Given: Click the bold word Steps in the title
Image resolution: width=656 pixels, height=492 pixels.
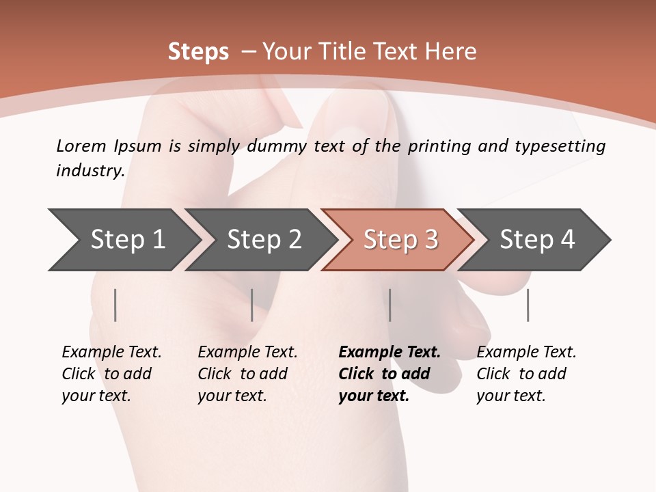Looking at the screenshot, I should pyautogui.click(x=198, y=52).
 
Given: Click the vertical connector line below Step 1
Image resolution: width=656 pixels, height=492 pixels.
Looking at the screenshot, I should pyautogui.click(x=115, y=305).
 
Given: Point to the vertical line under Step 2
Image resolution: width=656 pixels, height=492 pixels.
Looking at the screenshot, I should pyautogui.click(x=252, y=305).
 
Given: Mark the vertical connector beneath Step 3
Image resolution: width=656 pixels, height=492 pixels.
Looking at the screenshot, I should pyautogui.click(x=389, y=305).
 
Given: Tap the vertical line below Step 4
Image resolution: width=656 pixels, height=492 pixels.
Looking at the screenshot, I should pyautogui.click(x=528, y=305).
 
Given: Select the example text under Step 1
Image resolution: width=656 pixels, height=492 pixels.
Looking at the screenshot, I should pyautogui.click(x=111, y=374).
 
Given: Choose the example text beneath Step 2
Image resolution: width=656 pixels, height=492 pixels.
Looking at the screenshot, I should pyautogui.click(x=247, y=374).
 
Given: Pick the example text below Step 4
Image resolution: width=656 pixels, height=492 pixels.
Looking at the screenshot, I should pyautogui.click(x=525, y=374).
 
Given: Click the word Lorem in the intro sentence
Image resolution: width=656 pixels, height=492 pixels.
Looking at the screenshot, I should pyautogui.click(x=81, y=146).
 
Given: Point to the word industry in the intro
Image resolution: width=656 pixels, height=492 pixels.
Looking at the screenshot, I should pyautogui.click(x=90, y=171).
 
